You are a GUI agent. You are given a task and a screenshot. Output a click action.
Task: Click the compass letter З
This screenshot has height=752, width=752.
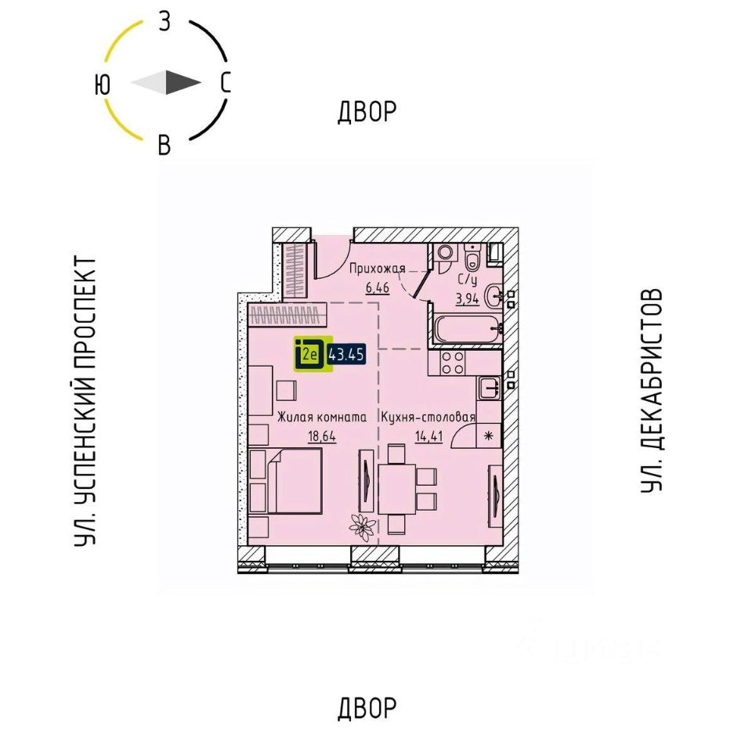pos(164,21)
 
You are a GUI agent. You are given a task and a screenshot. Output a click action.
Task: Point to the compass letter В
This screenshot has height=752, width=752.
pos(164,145)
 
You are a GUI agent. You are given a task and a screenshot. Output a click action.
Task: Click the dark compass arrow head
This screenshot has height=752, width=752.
pos(184,83)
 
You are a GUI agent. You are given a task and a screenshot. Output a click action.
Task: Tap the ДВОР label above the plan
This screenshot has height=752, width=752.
pos(367,113)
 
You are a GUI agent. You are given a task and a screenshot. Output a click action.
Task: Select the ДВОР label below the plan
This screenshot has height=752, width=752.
pos(367,709)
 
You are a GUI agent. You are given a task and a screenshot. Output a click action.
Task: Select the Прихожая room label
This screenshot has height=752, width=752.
pos(378,269)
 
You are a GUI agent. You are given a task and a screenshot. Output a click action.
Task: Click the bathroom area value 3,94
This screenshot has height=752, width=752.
pos(468,297)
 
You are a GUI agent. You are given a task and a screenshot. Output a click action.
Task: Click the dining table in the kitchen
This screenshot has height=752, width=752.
pos(396,487)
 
